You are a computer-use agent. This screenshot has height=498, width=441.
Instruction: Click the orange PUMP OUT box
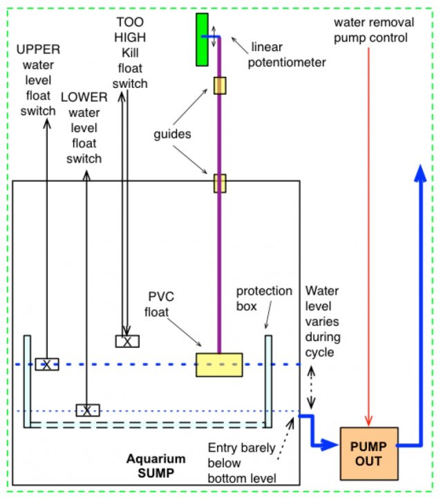tap(370, 454)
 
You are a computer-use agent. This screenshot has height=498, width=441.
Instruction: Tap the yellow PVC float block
tap(219, 365)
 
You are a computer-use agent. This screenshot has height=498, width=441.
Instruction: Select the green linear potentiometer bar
tap(202, 39)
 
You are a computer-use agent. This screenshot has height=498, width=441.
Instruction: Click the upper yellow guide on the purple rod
tap(220, 85)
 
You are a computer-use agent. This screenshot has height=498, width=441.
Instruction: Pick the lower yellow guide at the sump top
tap(220, 183)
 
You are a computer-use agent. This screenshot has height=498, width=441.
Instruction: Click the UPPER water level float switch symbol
tap(47, 365)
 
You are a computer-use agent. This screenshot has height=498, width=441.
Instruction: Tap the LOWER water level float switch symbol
tap(87, 409)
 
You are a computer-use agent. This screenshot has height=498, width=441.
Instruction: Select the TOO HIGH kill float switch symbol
tap(127, 341)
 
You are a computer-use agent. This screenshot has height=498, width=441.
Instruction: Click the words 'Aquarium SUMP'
tap(156, 465)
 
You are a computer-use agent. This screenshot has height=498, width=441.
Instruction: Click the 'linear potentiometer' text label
tap(289, 55)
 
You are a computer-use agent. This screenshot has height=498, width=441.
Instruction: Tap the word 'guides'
tap(172, 134)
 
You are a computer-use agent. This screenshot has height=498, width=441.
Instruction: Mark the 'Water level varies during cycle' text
tap(323, 323)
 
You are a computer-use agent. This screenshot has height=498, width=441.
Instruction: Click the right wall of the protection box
tap(268, 381)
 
